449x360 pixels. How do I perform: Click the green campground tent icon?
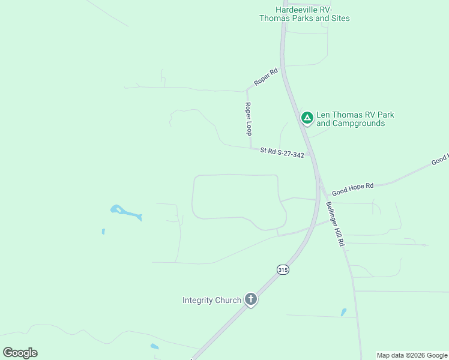tap(307, 118)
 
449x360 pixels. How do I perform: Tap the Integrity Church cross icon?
tap(251, 299)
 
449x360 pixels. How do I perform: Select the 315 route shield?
tap(283, 270)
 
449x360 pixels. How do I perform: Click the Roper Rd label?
tap(265, 77)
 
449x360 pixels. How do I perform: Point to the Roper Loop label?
tap(247, 118)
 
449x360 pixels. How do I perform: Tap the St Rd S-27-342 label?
tap(282, 153)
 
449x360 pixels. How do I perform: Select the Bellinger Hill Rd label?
tap(334, 223)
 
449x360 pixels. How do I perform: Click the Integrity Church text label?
tap(211, 300)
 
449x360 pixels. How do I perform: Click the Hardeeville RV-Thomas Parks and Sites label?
tap(304, 14)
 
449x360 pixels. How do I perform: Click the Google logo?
tap(20, 353)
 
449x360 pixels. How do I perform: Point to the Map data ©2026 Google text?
tap(412, 355)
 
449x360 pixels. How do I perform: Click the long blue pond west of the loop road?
tap(125, 212)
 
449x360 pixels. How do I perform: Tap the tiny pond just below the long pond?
tap(103, 231)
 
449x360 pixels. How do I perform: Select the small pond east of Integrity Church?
tap(343, 313)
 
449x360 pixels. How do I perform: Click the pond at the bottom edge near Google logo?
tap(154, 347)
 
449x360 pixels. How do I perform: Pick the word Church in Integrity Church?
tap(229, 300)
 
